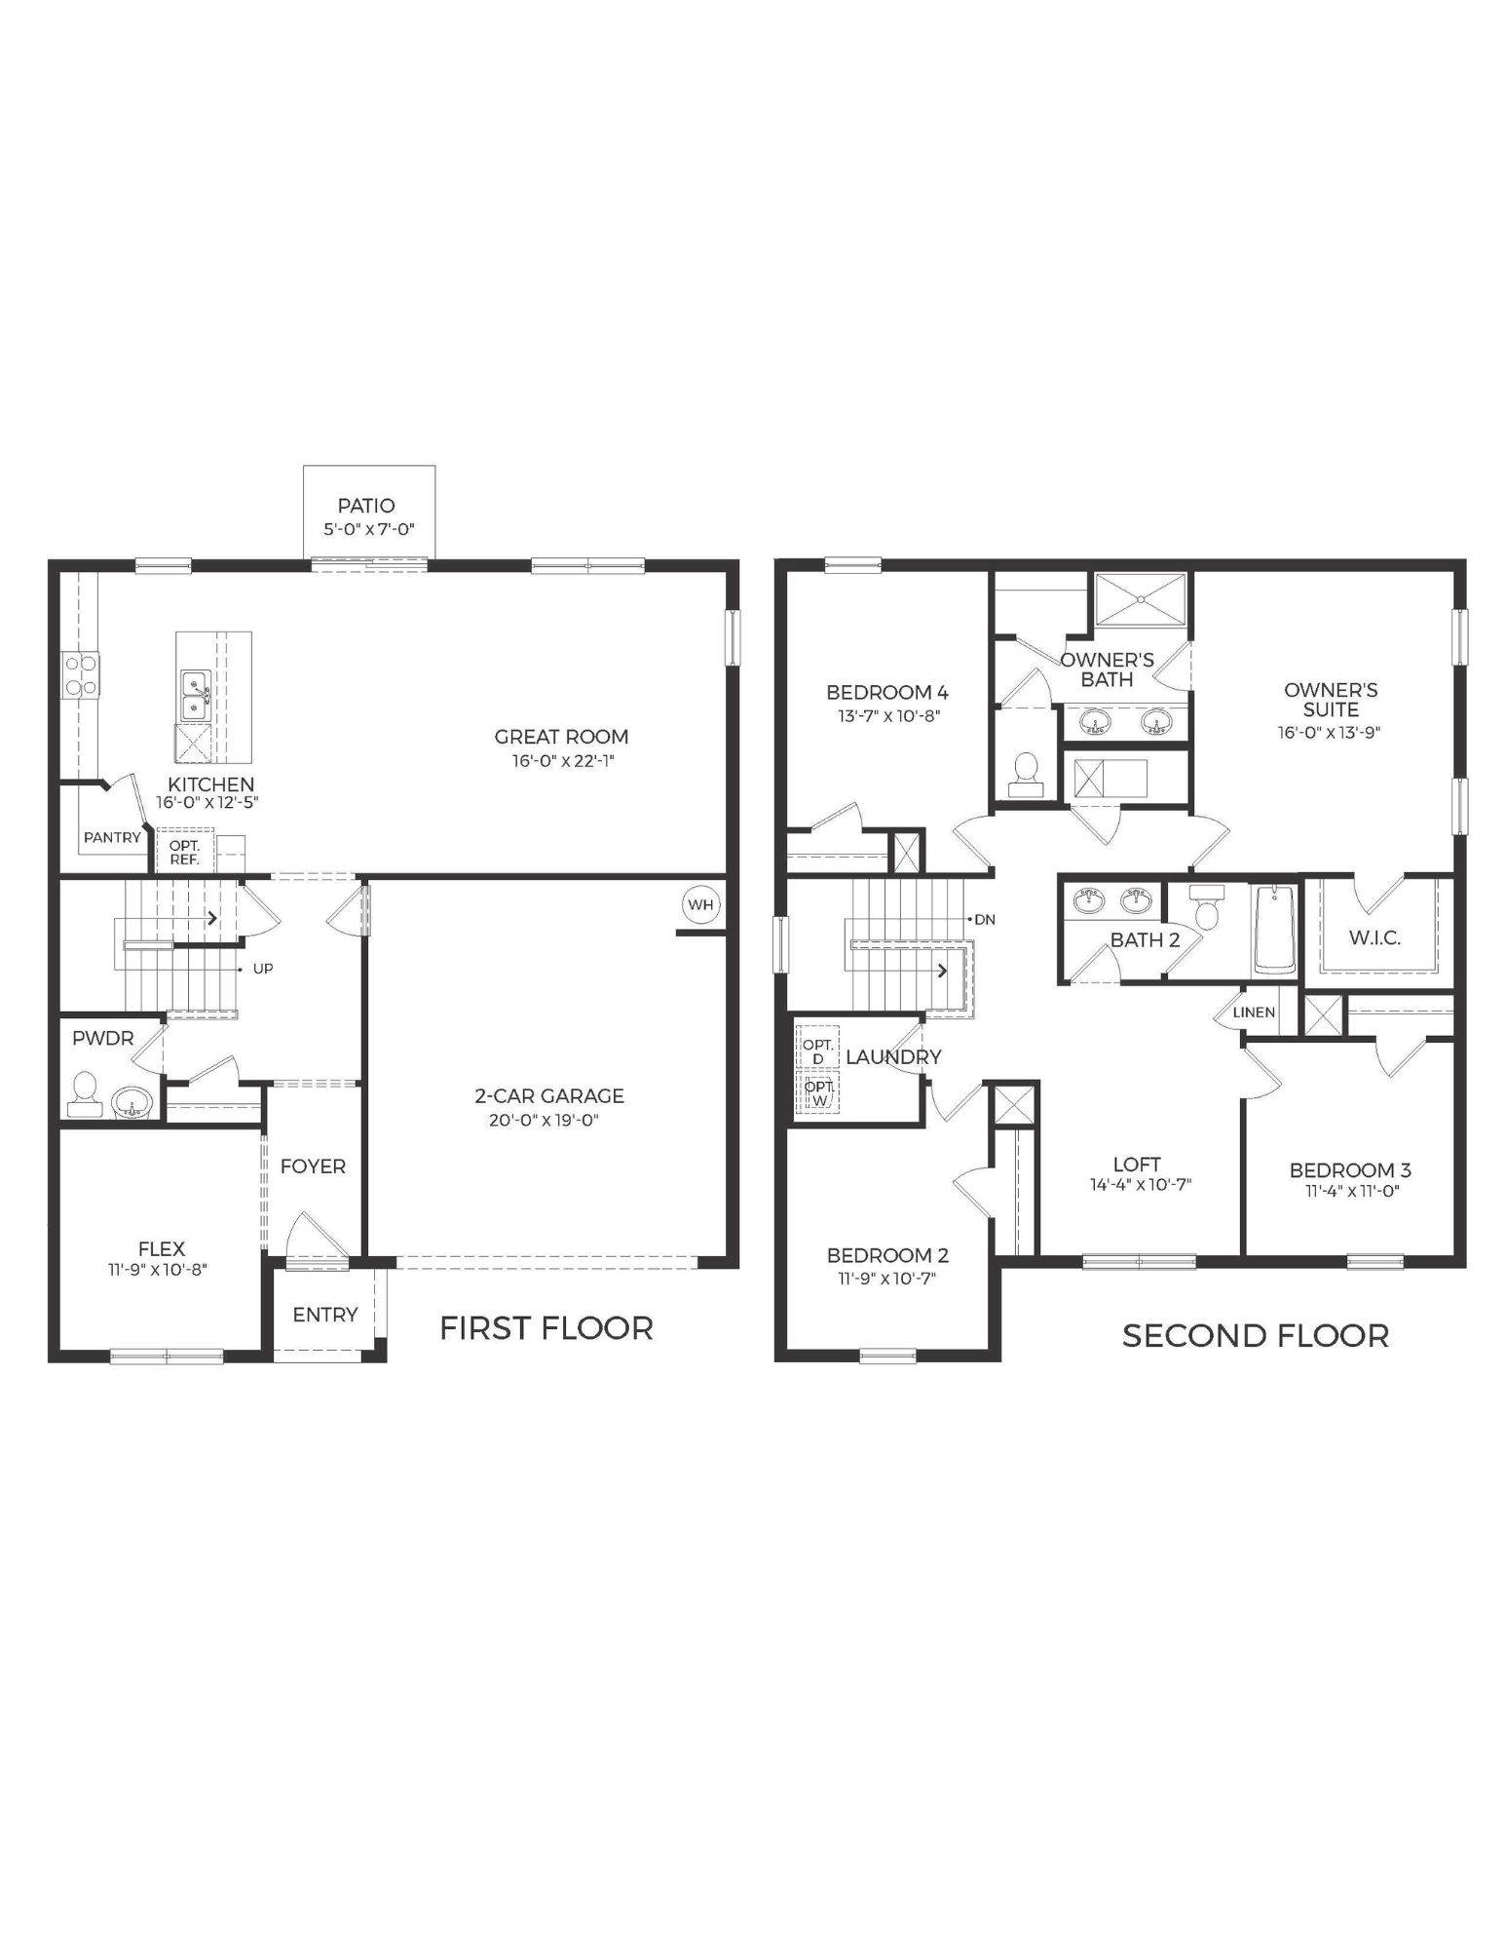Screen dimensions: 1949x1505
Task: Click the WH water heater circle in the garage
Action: click(x=700, y=904)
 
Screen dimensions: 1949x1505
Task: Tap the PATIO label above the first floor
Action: click(x=366, y=505)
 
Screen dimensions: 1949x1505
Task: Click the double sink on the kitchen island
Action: click(x=194, y=697)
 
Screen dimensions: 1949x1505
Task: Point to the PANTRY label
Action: click(x=112, y=837)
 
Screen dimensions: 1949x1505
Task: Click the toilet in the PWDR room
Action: click(x=84, y=1095)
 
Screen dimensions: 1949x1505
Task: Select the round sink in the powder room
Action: click(x=131, y=1102)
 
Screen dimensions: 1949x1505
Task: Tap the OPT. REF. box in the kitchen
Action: click(x=184, y=853)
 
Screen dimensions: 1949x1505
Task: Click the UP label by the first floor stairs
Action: click(x=263, y=969)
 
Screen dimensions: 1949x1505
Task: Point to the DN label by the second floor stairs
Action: click(x=985, y=919)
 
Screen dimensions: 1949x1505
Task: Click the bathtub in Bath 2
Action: click(x=1273, y=930)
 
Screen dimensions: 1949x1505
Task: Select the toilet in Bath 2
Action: click(x=1206, y=910)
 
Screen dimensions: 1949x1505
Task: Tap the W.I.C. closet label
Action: click(x=1374, y=937)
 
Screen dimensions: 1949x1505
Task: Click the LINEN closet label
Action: click(x=1254, y=1013)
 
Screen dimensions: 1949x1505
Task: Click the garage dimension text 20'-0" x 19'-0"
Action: click(x=544, y=1120)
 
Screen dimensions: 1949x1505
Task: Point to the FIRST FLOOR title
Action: click(x=546, y=1327)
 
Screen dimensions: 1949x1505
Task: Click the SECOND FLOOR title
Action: click(x=1255, y=1335)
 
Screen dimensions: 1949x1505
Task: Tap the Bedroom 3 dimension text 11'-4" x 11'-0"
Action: click(x=1350, y=1190)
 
